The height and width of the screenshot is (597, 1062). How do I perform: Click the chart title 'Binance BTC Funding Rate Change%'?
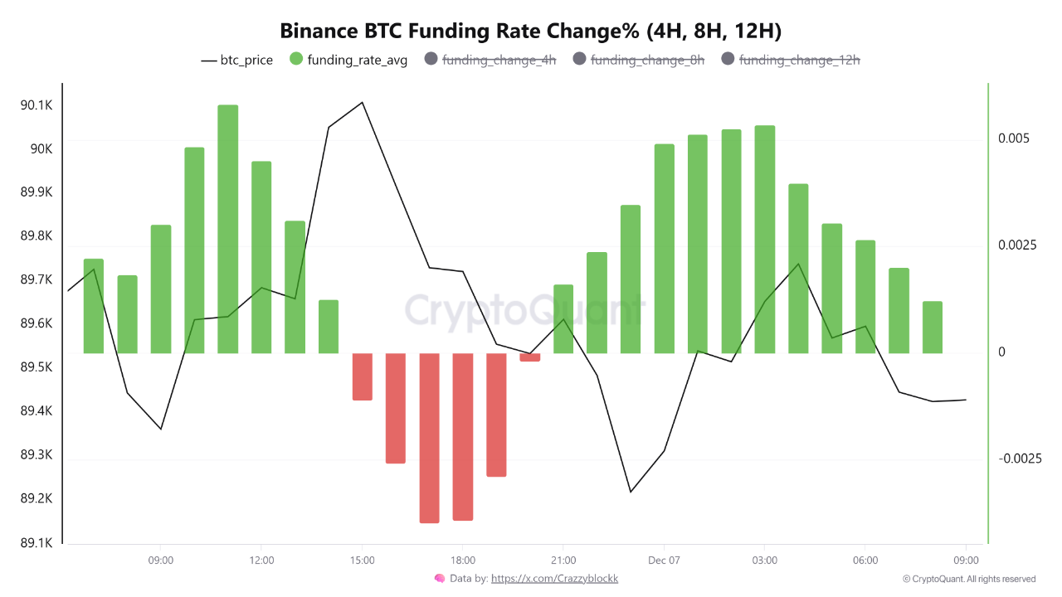[531, 31]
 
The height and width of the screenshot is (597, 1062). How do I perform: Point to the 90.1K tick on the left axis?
[37, 105]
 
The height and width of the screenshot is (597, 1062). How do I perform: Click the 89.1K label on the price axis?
[37, 543]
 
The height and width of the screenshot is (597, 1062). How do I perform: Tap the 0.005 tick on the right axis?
[1014, 138]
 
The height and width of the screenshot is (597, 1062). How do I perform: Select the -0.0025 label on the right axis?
[1019, 459]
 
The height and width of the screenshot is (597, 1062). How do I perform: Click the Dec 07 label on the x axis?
[665, 561]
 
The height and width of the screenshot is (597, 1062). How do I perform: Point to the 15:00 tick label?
[363, 561]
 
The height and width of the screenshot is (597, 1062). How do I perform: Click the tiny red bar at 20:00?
[530, 357]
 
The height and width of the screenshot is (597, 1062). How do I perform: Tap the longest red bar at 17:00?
[429, 438]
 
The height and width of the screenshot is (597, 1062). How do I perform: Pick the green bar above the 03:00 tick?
[765, 239]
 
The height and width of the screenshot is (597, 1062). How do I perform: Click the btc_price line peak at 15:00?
[363, 102]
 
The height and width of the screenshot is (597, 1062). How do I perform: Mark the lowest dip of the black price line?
[631, 492]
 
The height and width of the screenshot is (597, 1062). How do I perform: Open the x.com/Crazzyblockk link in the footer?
[554, 579]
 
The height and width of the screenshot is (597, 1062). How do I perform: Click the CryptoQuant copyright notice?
[969, 579]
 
